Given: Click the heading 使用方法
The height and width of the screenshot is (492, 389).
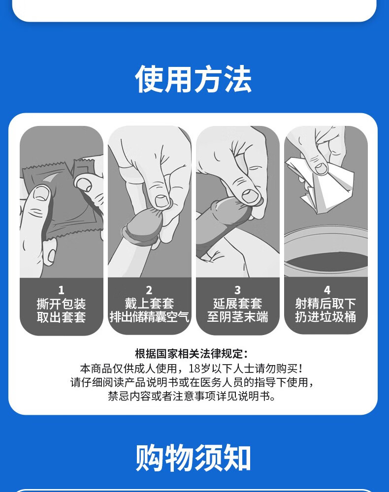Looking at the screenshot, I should click(x=194, y=79).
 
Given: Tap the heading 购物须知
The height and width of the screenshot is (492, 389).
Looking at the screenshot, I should click(x=194, y=458).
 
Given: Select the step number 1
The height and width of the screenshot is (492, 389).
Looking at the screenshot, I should click(x=61, y=290).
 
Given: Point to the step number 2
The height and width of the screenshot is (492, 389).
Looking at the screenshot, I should click(x=149, y=290).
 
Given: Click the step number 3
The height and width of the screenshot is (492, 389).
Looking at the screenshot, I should click(x=237, y=290).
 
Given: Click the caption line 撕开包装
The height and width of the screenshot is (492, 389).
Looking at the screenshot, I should click(x=61, y=304).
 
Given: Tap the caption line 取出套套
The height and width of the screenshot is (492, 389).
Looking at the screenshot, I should click(x=61, y=317).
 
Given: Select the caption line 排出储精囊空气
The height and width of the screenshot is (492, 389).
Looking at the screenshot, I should click(x=149, y=317).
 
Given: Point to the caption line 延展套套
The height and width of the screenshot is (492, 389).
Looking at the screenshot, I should click(x=237, y=304).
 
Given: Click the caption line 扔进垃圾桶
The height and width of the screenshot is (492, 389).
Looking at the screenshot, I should click(x=325, y=317).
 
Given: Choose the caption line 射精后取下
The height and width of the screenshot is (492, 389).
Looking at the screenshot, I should click(x=325, y=304).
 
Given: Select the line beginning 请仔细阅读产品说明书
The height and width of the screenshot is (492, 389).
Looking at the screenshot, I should click(x=192, y=382).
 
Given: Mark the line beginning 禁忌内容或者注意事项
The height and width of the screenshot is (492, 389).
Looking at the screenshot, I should click(x=192, y=396).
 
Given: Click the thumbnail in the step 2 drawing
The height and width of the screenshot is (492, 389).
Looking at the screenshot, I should click(x=161, y=201).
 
